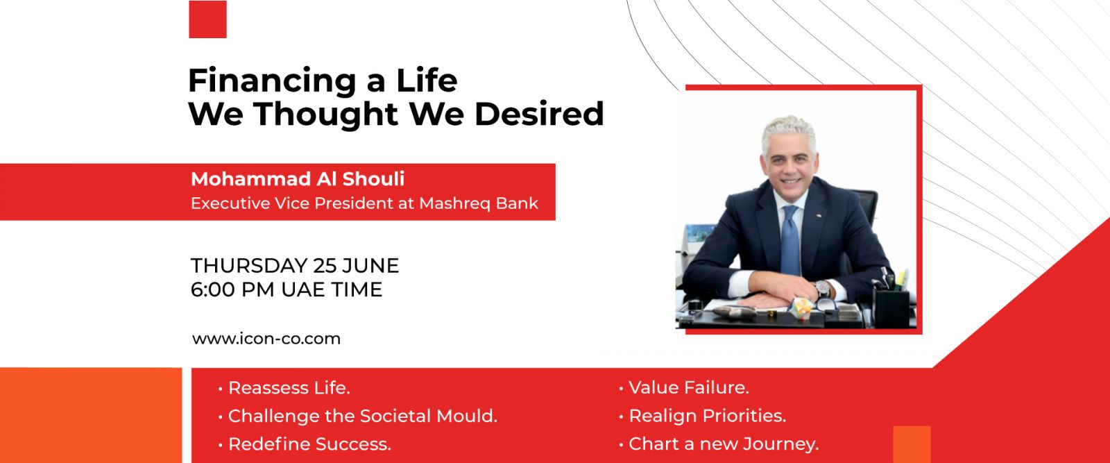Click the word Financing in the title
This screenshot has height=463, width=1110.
[272, 81]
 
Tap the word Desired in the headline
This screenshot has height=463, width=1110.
[539, 114]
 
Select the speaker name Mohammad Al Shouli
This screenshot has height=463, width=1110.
[298, 179]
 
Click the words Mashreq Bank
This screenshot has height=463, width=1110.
[479, 203]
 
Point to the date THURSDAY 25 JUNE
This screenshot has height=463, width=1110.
[295, 266]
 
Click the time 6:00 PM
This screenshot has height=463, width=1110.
[232, 289]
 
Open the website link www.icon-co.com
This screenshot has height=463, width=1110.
[266, 339]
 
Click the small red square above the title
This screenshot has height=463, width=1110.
[207, 19]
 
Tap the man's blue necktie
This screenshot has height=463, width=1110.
[790, 240]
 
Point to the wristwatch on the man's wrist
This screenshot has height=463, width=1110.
[823, 289]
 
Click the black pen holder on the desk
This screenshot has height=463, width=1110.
[892, 308]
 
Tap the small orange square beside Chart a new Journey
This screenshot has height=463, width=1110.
[912, 444]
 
